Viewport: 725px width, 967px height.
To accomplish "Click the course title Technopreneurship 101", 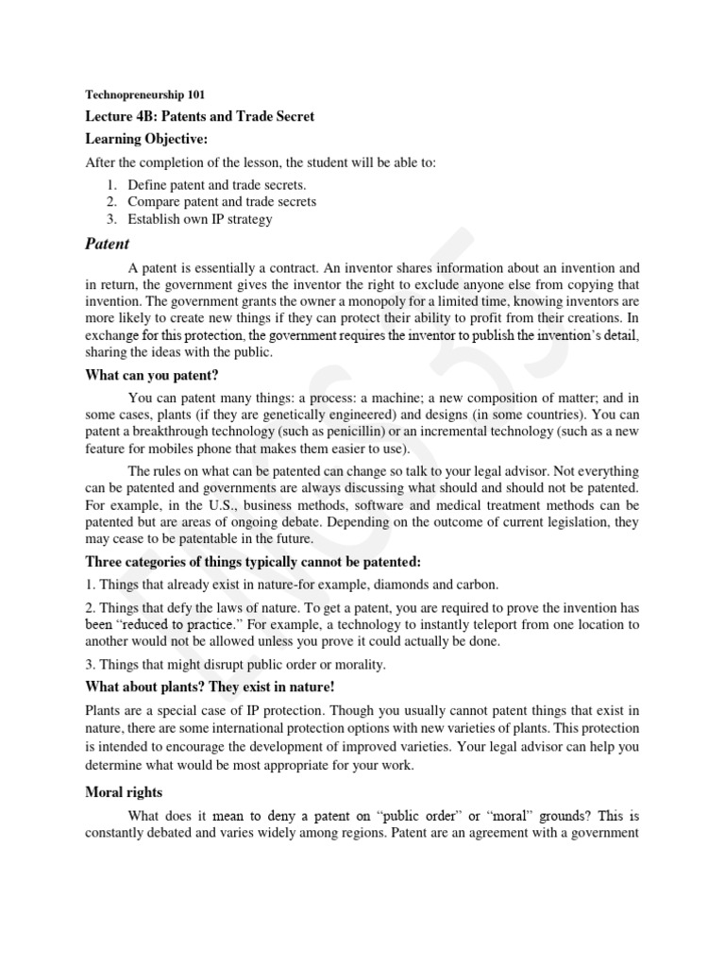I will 144,94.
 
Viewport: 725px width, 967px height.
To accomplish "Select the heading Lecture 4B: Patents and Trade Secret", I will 199,116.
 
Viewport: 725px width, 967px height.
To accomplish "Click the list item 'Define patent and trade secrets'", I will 217,184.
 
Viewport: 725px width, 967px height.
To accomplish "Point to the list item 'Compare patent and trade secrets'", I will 222,201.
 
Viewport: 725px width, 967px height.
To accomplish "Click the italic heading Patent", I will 108,244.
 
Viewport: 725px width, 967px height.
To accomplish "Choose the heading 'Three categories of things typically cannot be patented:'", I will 246,562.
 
